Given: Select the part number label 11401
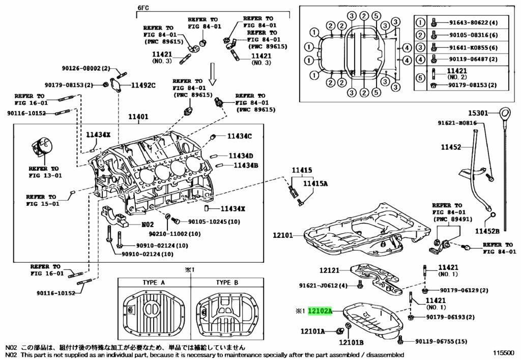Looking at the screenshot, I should [137, 117].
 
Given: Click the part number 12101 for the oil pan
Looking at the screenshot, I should [283, 236].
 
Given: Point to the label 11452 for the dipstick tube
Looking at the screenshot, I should [450, 147].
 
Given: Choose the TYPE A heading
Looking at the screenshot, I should [153, 283].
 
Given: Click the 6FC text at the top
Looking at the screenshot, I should [144, 9].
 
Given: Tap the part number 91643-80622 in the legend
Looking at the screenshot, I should [469, 22].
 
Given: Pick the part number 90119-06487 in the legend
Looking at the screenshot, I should [469, 59].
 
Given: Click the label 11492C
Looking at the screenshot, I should [143, 85].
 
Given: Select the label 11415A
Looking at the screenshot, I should [315, 184].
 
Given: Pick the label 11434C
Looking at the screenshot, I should [240, 136].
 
